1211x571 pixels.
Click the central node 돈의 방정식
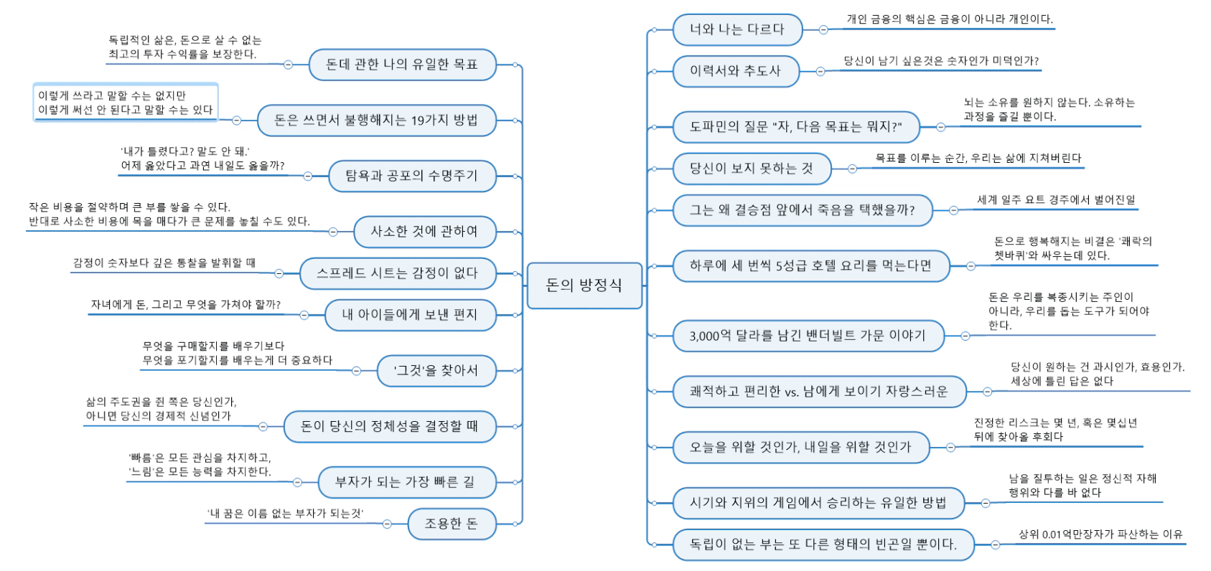tap(584, 285)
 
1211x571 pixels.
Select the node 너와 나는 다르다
tap(737, 29)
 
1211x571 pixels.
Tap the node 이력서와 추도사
tap(735, 71)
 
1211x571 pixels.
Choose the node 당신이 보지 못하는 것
tap(751, 169)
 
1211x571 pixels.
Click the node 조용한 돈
tap(451, 524)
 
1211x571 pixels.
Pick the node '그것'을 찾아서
tap(436, 371)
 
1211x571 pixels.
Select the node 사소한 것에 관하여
tap(424, 232)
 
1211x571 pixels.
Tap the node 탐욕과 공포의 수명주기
tap(411, 176)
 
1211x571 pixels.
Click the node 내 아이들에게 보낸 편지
tap(409, 315)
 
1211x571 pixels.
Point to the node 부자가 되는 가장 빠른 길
tap(406, 482)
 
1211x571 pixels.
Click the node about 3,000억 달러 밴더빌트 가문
tap(808, 336)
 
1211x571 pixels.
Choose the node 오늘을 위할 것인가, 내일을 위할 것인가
tap(800, 447)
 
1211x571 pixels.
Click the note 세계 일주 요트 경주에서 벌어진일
tap(1056, 200)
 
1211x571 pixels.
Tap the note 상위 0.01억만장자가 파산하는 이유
tap(1100, 534)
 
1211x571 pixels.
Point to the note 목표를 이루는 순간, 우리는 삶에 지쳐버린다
tap(978, 159)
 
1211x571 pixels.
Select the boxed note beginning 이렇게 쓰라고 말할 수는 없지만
tap(125, 103)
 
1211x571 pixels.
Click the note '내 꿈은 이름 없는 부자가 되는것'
tap(285, 514)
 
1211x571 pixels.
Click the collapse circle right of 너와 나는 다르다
tap(823, 30)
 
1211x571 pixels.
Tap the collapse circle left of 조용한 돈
tap(387, 524)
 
